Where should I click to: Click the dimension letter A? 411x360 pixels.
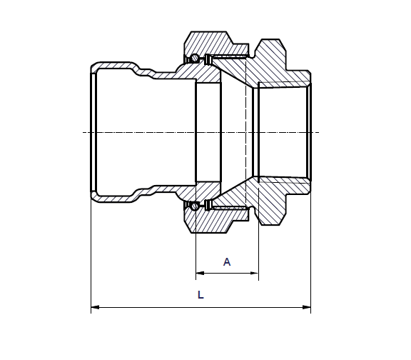click(x=227, y=262)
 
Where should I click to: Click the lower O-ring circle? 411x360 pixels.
click(x=193, y=206)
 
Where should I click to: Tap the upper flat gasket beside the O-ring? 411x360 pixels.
click(x=206, y=58)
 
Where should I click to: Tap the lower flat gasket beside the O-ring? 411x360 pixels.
click(x=206, y=207)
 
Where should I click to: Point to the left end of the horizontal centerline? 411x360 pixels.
click(x=83, y=133)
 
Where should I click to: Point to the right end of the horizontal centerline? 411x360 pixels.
click(x=318, y=133)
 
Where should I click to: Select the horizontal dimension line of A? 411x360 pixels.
click(x=227, y=273)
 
